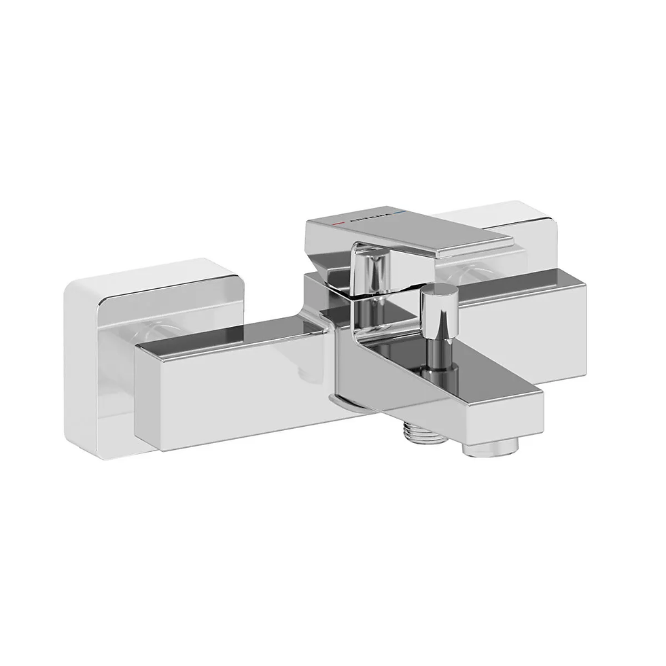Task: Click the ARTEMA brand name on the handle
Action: pos(370,219)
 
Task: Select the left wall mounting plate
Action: pos(102,353)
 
